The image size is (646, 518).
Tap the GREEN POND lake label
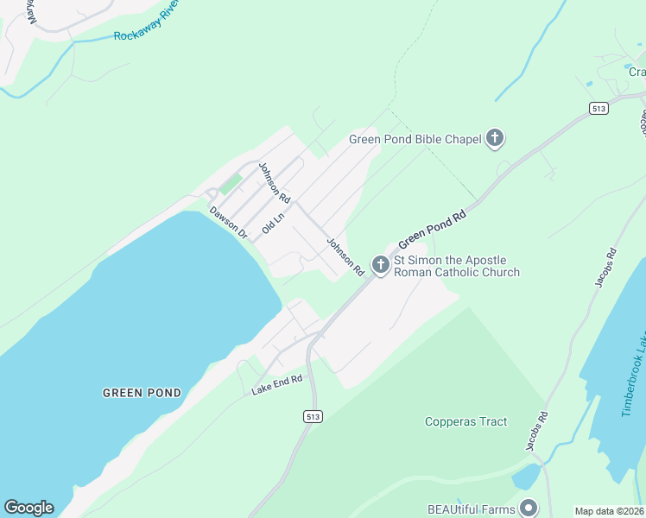coord(142,393)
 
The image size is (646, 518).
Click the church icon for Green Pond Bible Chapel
coord(495,138)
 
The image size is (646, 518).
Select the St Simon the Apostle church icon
coord(380,264)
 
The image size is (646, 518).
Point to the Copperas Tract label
coord(465,422)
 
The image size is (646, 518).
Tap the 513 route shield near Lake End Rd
coord(313,416)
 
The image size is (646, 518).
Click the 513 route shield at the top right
coord(599,108)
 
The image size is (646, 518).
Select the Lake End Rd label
coord(277,385)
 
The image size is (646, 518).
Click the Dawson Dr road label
coord(229,222)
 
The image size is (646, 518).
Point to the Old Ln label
coord(273,223)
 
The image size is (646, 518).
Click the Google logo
coord(28,508)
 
